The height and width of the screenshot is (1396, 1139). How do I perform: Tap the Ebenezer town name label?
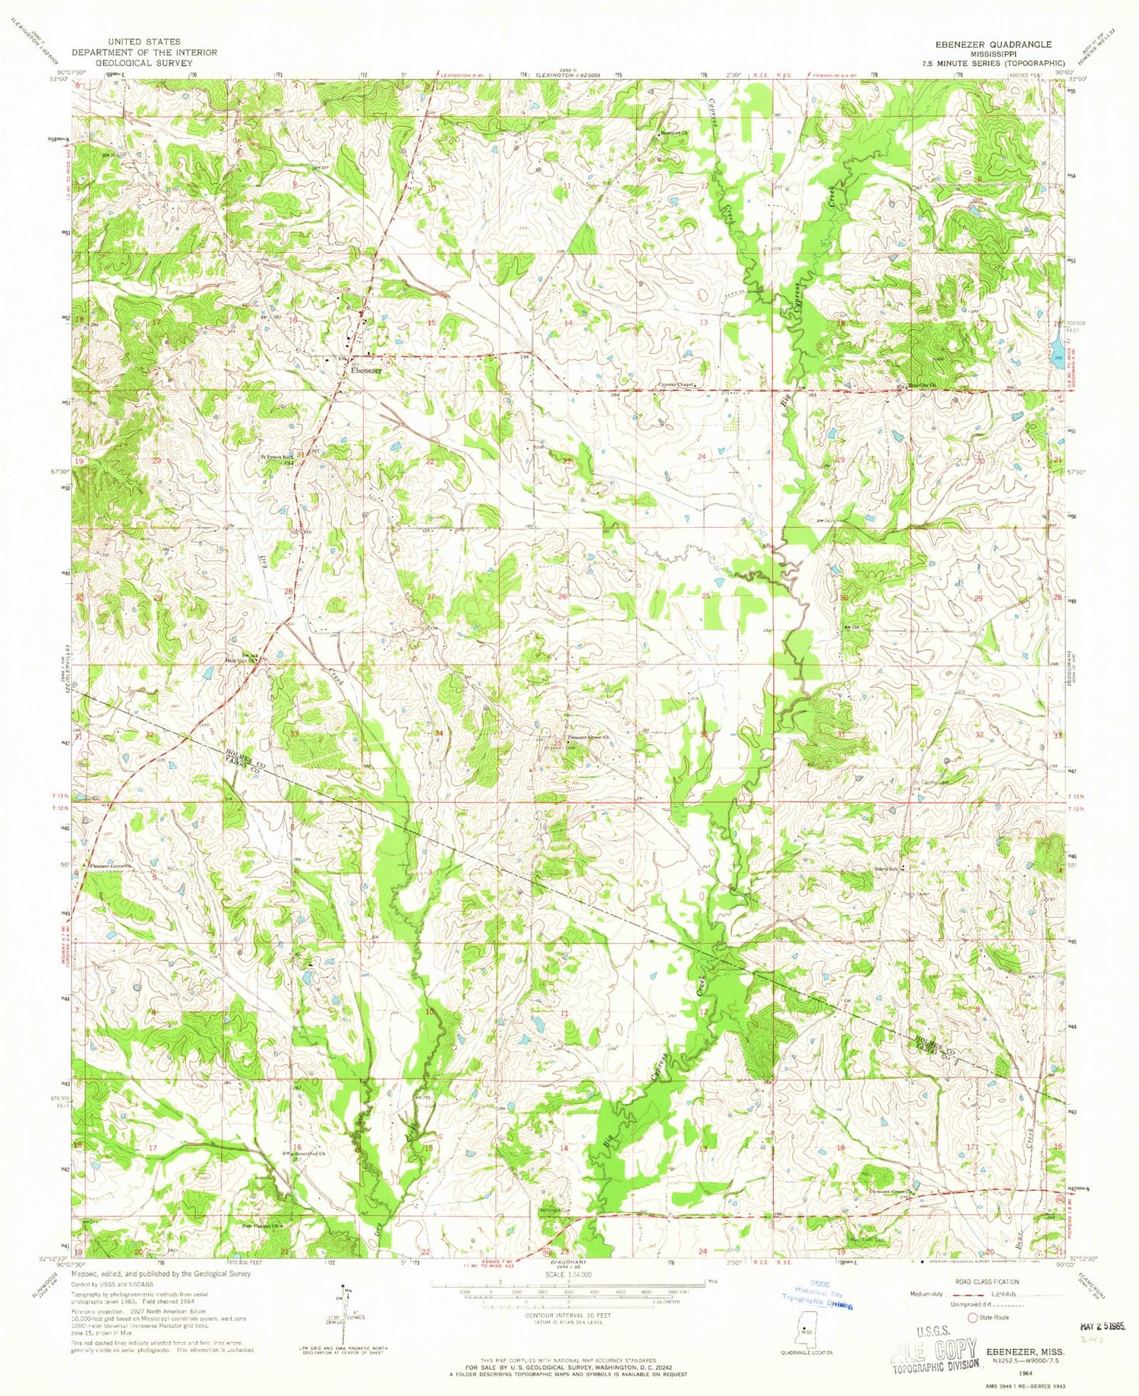pyautogui.click(x=366, y=370)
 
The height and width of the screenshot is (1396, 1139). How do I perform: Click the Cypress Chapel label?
pyautogui.click(x=677, y=384)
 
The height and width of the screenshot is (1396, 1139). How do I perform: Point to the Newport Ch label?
pyautogui.click(x=674, y=131)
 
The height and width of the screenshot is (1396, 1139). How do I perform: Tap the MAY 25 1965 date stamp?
pyautogui.click(x=1101, y=1325)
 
